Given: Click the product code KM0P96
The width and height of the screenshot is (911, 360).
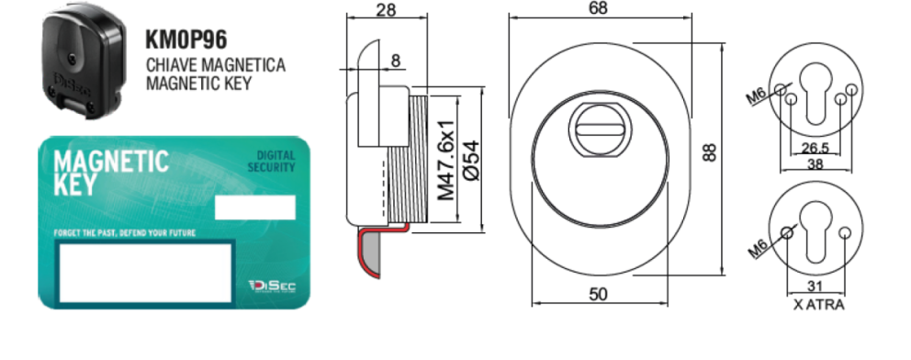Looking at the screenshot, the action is [186, 39].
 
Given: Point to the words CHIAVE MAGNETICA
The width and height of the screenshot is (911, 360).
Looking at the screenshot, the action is [216, 64].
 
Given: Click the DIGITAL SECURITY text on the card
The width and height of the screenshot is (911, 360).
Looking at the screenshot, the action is [271, 162].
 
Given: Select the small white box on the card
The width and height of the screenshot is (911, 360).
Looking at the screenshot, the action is [255, 208].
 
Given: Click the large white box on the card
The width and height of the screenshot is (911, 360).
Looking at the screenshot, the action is [145, 273].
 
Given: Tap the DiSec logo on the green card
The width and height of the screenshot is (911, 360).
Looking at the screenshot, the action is [272, 286].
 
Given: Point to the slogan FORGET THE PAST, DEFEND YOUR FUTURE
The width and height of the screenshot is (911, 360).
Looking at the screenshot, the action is [125, 233].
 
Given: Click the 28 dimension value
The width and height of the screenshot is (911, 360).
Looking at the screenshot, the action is [386, 10].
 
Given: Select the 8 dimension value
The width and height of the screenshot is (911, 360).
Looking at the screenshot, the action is [396, 61].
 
